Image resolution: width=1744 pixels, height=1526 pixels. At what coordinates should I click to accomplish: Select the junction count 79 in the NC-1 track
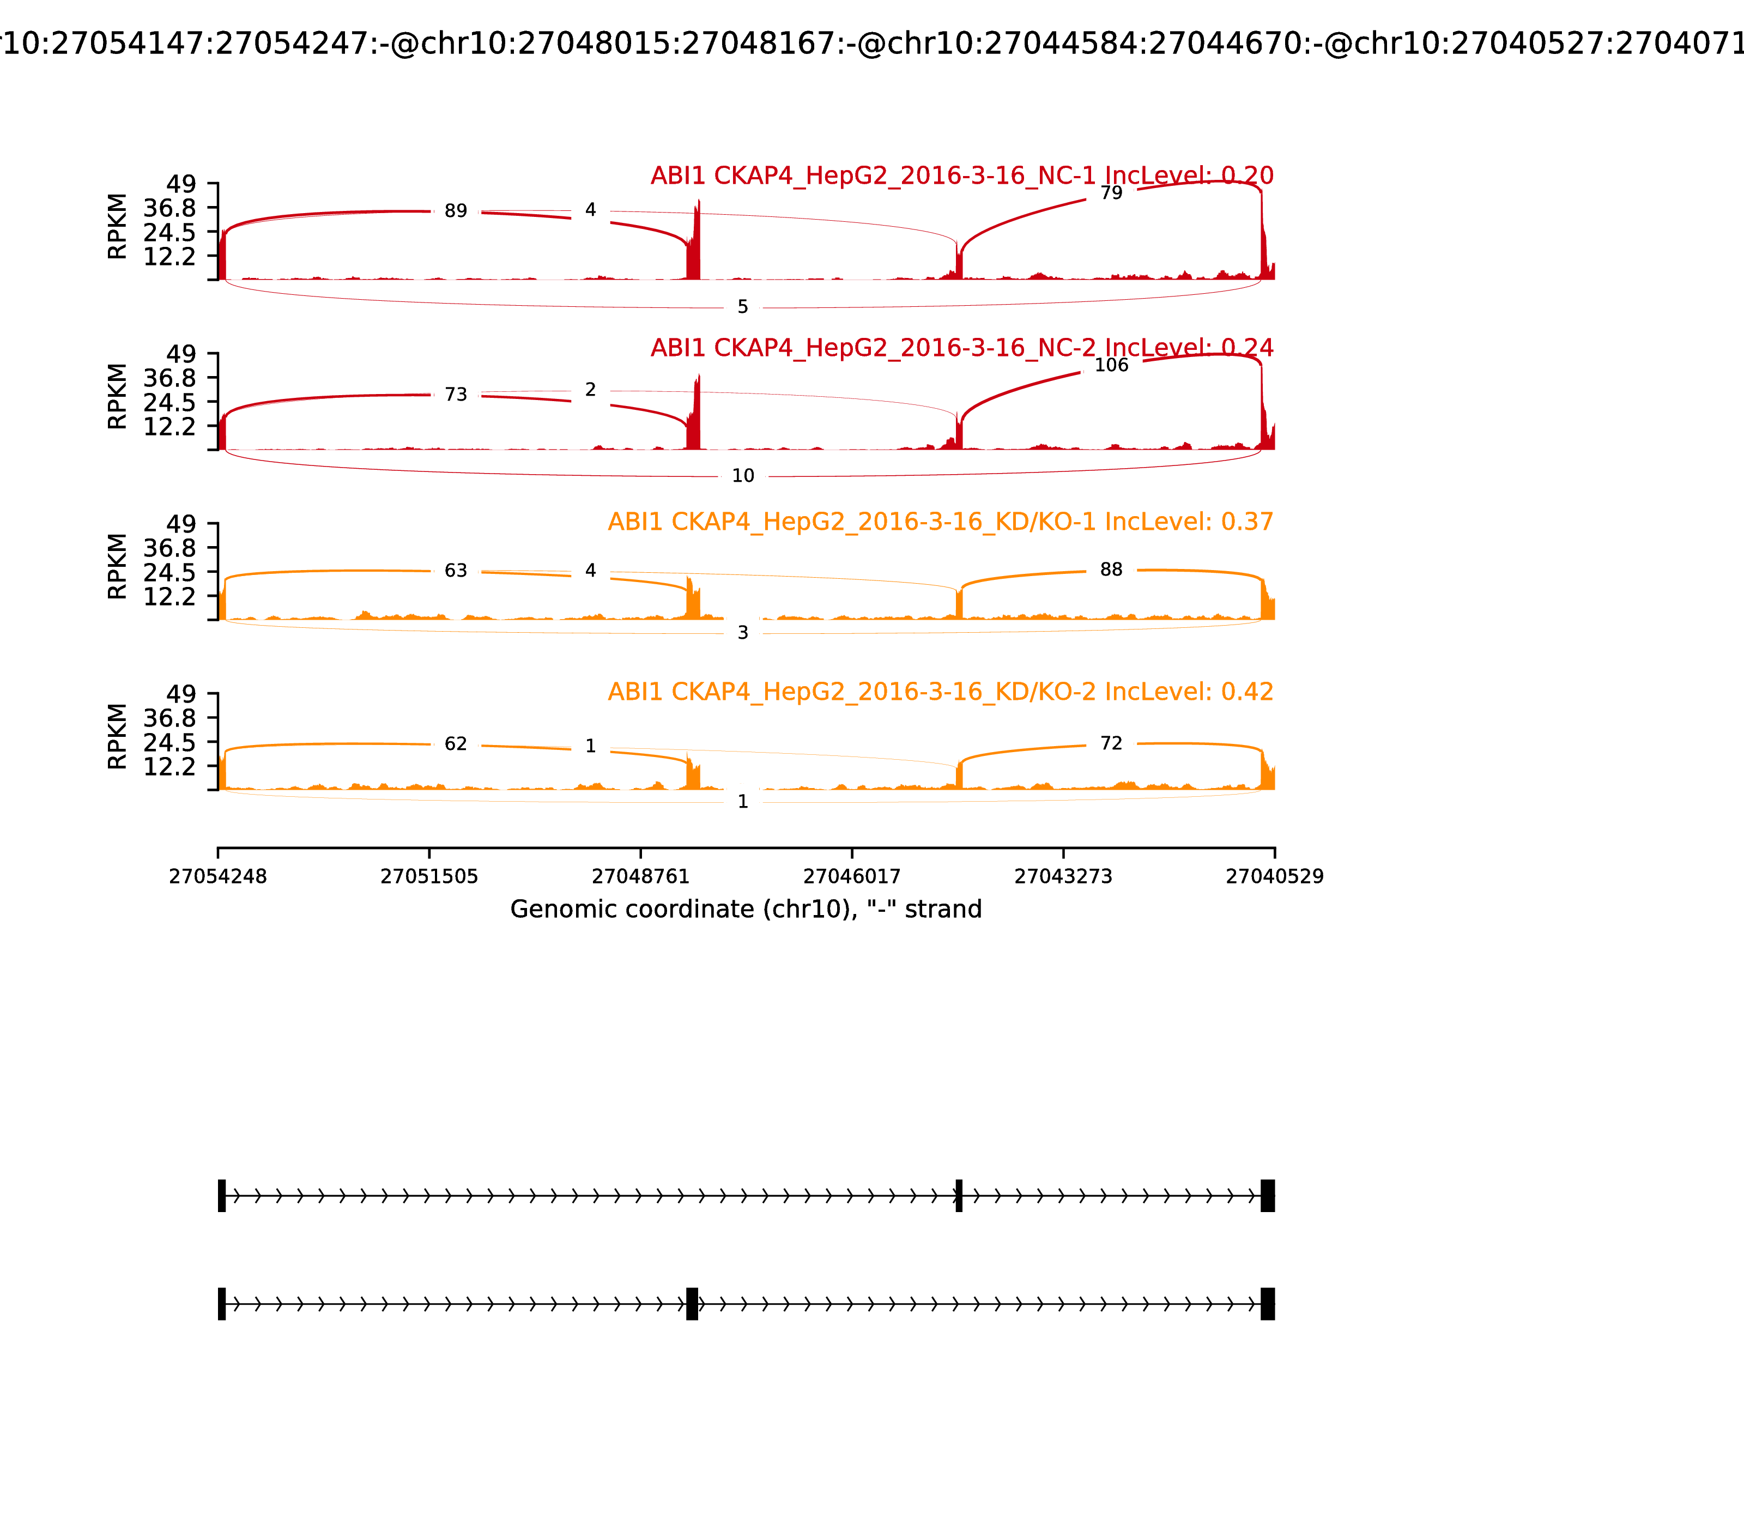tap(1111, 193)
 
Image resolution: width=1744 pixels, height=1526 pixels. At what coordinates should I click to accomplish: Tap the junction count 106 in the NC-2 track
tap(1111, 365)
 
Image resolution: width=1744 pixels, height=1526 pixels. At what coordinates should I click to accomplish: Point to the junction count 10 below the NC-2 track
tap(742, 476)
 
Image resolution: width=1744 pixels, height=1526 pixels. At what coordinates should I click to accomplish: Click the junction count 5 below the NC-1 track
tap(742, 306)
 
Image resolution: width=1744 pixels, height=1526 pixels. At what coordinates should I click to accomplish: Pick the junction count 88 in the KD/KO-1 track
tap(1111, 570)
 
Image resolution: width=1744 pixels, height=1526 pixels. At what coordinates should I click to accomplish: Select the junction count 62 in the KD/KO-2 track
tap(456, 744)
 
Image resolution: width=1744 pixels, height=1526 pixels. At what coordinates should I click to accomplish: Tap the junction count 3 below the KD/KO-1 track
tap(742, 633)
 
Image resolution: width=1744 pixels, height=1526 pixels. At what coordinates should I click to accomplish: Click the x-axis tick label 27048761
tap(640, 876)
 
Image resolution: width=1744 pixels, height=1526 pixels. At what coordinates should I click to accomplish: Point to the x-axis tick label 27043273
tap(1063, 876)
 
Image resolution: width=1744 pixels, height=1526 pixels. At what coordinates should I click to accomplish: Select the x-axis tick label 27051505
tap(429, 876)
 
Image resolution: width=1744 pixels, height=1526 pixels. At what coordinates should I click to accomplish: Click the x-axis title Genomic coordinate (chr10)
tap(746, 910)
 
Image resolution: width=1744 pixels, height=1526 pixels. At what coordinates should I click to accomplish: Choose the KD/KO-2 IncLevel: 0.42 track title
tap(940, 692)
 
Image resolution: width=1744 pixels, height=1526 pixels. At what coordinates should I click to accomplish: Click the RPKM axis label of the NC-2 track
tap(118, 397)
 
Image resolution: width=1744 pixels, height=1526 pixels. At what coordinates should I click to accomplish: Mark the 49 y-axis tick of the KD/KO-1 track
tap(180, 524)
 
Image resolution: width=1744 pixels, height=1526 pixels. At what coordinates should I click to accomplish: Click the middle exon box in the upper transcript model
tap(959, 1196)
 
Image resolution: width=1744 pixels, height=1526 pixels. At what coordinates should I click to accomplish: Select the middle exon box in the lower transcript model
tap(692, 1304)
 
